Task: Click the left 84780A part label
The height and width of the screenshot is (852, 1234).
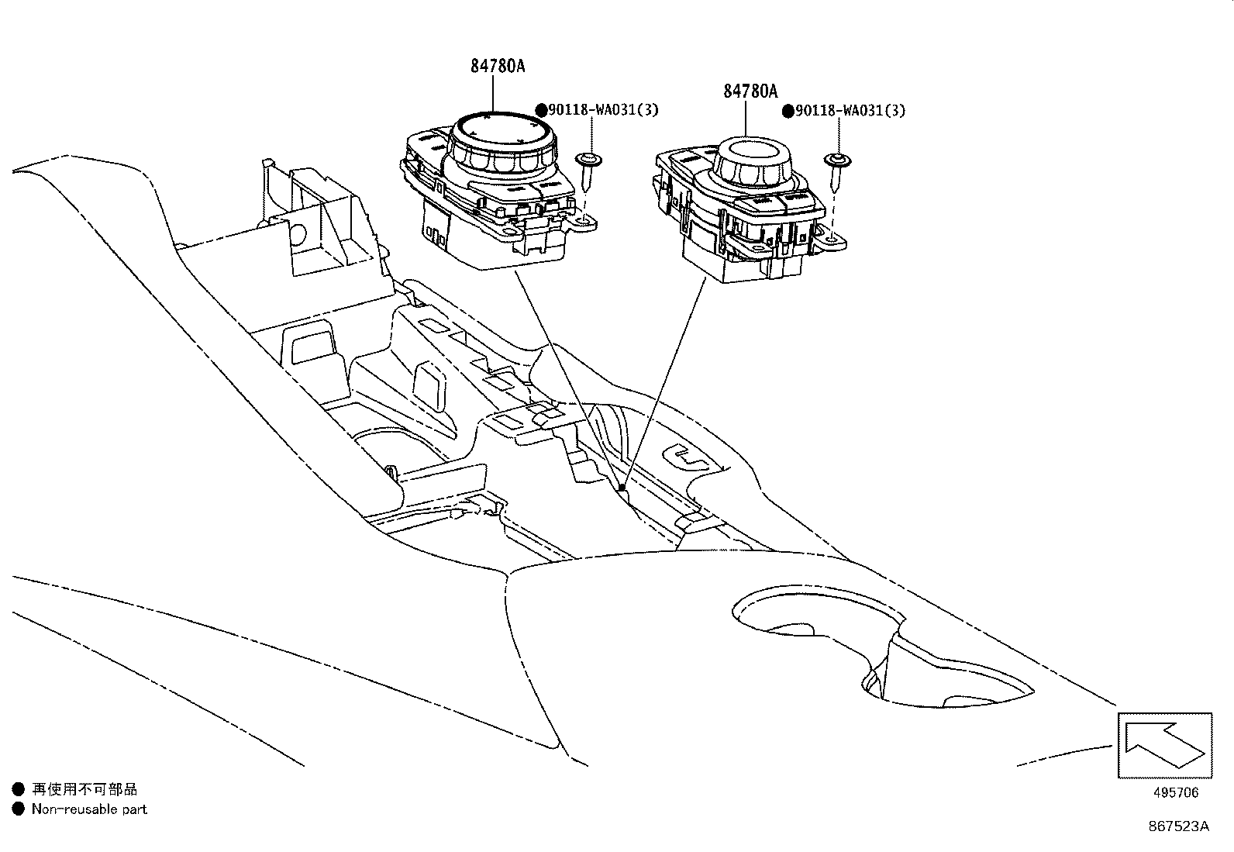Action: click(x=497, y=66)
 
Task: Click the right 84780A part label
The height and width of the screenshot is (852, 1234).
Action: click(x=750, y=91)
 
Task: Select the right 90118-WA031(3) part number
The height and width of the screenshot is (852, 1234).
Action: click(x=850, y=110)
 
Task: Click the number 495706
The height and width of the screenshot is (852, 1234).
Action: click(x=1176, y=792)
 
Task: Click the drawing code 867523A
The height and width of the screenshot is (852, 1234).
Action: click(x=1177, y=826)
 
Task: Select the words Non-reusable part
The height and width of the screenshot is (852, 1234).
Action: click(x=88, y=809)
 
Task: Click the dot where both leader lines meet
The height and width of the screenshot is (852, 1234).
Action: click(x=622, y=488)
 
